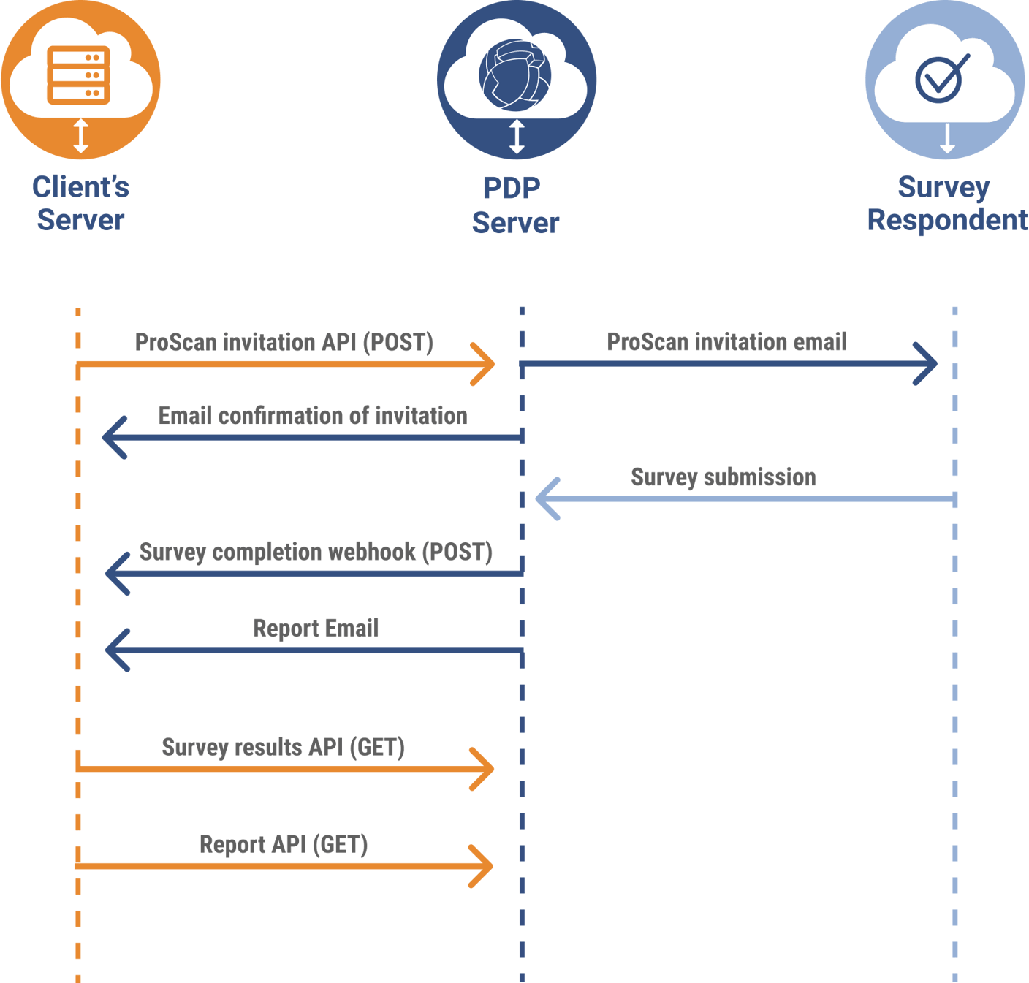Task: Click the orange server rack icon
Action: click(x=78, y=75)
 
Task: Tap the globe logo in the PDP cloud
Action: click(x=515, y=75)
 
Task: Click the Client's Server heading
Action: click(x=80, y=203)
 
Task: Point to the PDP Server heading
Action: click(x=514, y=205)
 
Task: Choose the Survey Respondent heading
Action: click(x=946, y=203)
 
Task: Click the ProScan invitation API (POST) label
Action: click(x=284, y=342)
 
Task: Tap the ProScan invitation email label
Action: click(x=726, y=341)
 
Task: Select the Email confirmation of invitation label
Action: click(x=313, y=416)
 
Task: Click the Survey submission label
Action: click(x=723, y=477)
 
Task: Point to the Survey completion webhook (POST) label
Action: click(x=316, y=552)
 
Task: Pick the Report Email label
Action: click(x=316, y=628)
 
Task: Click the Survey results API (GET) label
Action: click(x=284, y=748)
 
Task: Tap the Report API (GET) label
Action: click(x=284, y=845)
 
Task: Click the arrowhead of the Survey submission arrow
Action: click(x=547, y=499)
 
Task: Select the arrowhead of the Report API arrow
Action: click(x=484, y=866)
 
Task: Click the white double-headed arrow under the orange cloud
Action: click(x=81, y=136)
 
